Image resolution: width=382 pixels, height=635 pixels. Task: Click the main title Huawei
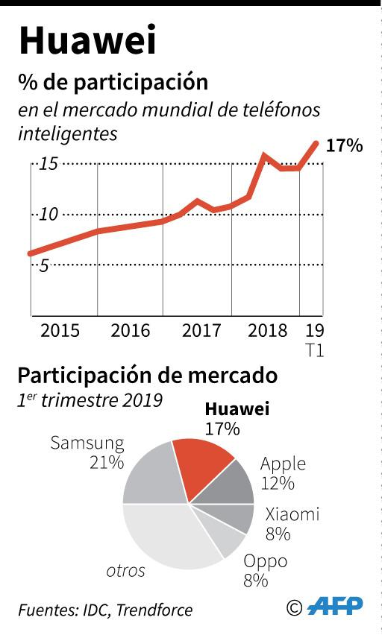point(88,41)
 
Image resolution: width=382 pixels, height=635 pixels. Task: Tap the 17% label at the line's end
point(344,145)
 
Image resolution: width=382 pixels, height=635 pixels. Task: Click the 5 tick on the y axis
point(43,265)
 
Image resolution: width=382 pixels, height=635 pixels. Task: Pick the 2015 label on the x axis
point(60,330)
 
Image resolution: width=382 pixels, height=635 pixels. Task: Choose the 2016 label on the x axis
point(131,330)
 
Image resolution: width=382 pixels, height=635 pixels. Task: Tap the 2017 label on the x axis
point(201,330)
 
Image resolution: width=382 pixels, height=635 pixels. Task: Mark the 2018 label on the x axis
point(268,330)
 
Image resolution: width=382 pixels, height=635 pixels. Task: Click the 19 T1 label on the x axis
point(315,339)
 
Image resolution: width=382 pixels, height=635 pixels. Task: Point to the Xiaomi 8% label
point(292,523)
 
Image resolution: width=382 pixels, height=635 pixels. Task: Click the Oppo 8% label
point(265,571)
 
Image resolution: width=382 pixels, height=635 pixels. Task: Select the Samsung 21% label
point(87,452)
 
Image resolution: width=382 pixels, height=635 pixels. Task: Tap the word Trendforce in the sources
point(154,610)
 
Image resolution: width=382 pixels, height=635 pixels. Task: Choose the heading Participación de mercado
point(147,375)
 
